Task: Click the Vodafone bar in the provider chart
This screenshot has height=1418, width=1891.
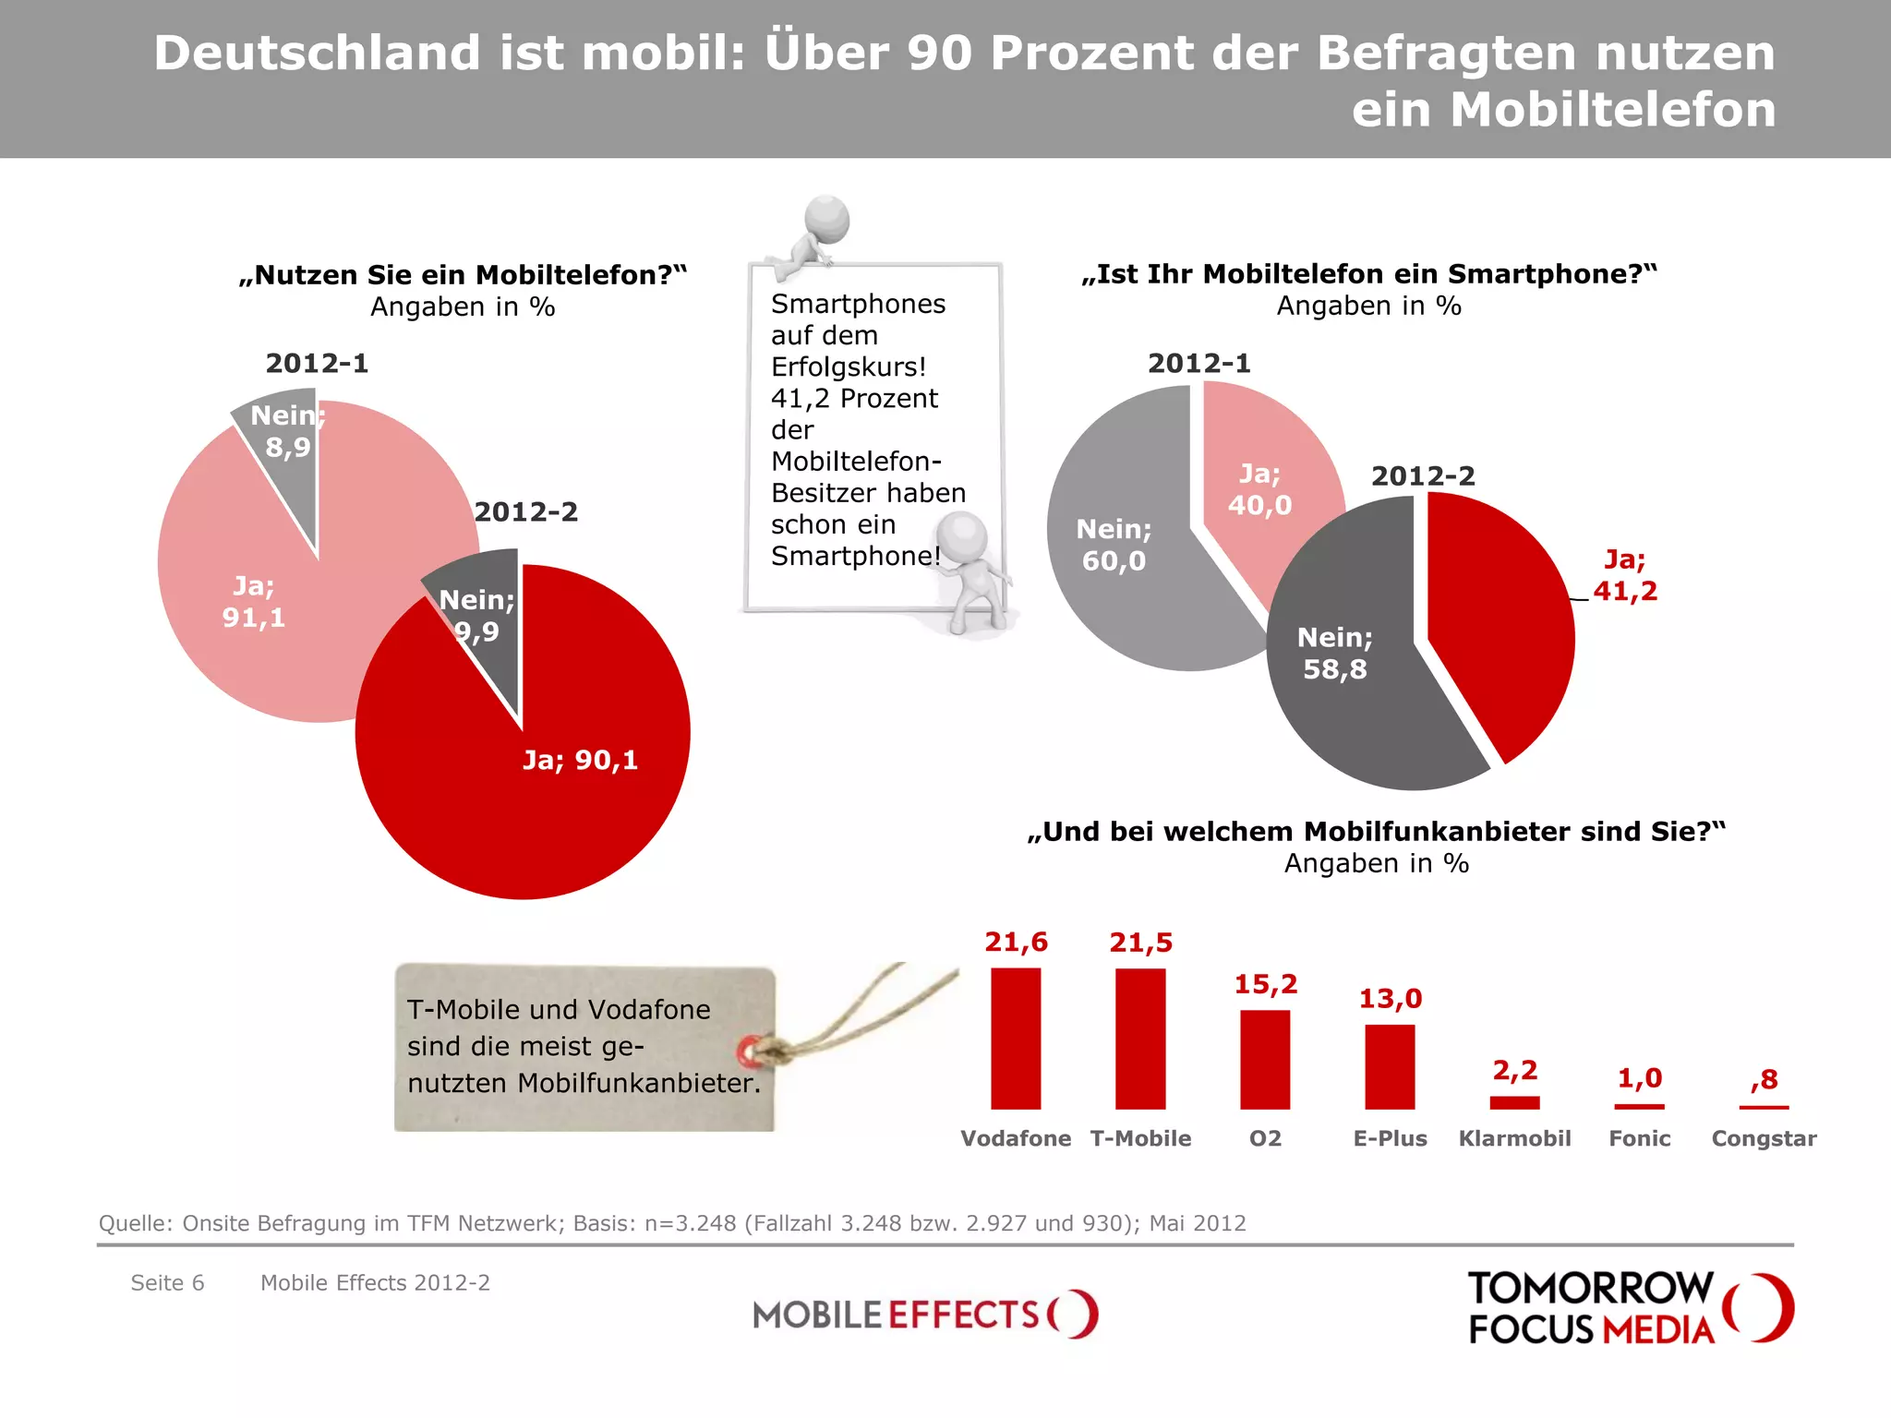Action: (1016, 1039)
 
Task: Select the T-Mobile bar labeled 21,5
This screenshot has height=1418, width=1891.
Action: (1140, 1039)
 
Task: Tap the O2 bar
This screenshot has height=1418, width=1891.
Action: (1265, 1060)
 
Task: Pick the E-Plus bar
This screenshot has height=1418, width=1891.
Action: (1390, 1067)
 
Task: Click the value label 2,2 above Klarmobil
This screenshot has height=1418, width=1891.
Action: (1515, 1071)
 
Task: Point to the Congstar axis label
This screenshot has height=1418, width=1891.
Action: (1764, 1138)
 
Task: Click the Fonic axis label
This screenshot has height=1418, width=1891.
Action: (1639, 1138)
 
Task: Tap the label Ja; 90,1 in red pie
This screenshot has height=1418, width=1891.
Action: (580, 760)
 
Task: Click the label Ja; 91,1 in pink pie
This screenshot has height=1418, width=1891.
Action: (254, 602)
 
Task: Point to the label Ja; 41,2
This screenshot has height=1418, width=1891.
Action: (1625, 575)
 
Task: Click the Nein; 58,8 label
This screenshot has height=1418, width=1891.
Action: (1334, 653)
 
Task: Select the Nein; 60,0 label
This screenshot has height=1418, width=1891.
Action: (1114, 545)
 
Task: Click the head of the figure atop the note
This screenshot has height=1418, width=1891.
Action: (826, 219)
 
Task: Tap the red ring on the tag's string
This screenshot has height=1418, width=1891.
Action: (750, 1051)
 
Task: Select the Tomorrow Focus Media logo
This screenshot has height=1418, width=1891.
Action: (1630, 1308)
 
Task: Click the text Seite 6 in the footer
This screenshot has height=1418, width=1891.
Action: (167, 1283)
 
